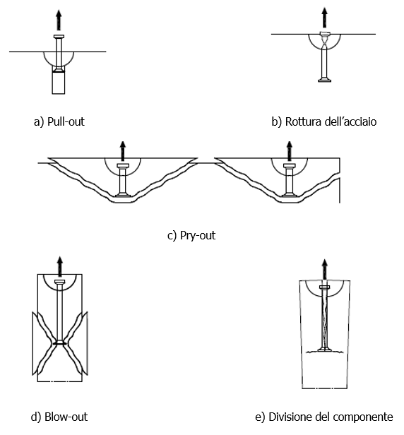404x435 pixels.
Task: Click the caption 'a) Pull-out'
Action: (59, 121)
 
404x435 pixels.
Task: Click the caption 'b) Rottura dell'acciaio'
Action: (323, 121)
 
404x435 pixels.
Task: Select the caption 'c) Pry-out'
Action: (191, 235)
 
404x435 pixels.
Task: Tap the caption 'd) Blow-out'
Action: (59, 416)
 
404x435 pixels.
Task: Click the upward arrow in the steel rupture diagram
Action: (324, 16)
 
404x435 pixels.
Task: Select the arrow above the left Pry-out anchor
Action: (123, 150)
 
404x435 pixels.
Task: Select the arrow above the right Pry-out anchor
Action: (288, 150)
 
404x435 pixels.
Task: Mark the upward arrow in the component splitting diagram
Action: (324, 268)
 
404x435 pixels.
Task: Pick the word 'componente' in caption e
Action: (367, 416)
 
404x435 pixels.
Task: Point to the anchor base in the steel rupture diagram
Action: (324, 80)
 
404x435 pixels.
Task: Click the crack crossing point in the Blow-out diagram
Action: (60, 343)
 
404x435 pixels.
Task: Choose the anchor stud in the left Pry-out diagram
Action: (123, 180)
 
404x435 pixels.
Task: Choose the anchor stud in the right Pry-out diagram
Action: (288, 180)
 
